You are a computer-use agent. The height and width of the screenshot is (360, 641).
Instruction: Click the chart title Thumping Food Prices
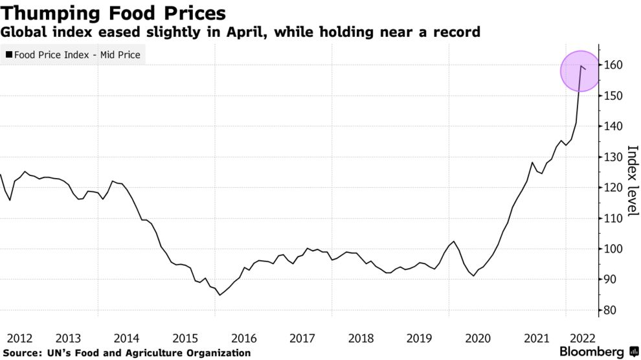tap(113, 13)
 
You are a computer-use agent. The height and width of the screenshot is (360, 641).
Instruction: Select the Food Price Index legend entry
tap(73, 55)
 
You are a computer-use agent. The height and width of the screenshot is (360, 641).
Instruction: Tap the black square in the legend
tap(8, 54)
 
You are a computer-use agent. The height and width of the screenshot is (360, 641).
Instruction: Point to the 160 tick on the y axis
tap(613, 65)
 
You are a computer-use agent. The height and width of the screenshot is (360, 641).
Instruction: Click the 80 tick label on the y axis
tap(611, 310)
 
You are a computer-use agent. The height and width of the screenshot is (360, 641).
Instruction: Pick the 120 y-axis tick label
tap(613, 188)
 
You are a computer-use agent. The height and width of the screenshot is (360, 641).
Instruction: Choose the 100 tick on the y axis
tap(613, 249)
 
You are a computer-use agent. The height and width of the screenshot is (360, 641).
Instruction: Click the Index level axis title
tap(633, 180)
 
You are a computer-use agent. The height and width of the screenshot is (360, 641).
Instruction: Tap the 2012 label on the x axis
tap(19, 339)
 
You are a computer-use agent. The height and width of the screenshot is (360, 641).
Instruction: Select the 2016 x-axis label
tap(244, 339)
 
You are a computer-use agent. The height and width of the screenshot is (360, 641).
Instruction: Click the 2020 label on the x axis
tap(478, 339)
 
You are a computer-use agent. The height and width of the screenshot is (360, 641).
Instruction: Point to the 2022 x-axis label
tap(583, 339)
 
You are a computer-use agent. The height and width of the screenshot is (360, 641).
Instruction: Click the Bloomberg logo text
tap(592, 352)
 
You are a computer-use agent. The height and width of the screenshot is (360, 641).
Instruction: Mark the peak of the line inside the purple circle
tap(581, 66)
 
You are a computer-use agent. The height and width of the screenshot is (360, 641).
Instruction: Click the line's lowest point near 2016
tap(219, 295)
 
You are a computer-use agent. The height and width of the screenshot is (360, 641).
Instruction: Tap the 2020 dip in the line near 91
tap(473, 276)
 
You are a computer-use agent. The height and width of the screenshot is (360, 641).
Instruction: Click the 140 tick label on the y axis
tap(613, 126)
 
